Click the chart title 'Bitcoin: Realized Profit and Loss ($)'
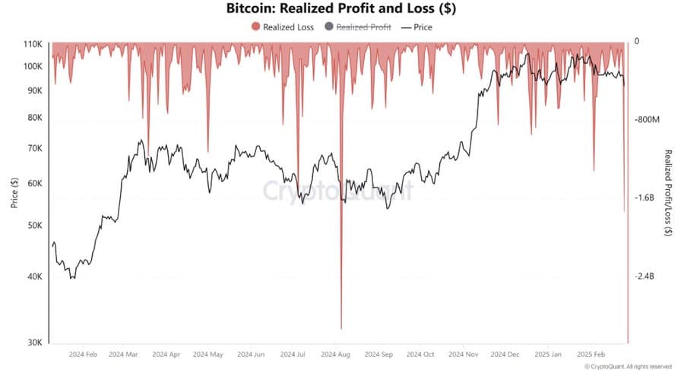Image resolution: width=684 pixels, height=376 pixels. coord(341,9)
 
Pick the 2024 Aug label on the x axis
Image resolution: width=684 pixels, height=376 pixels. coord(335,355)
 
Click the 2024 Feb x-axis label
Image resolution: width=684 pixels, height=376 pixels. coord(83,355)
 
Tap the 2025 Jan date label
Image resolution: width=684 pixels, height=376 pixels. coord(546,355)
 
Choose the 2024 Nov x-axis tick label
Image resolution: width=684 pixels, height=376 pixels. coord(461,355)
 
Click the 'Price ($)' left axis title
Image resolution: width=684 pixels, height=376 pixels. coord(14,192)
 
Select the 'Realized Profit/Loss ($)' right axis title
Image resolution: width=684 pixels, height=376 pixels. coord(668,193)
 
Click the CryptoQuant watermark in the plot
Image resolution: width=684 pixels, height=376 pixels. coord(338,189)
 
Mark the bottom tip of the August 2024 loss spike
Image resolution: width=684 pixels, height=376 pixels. coord(341,328)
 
